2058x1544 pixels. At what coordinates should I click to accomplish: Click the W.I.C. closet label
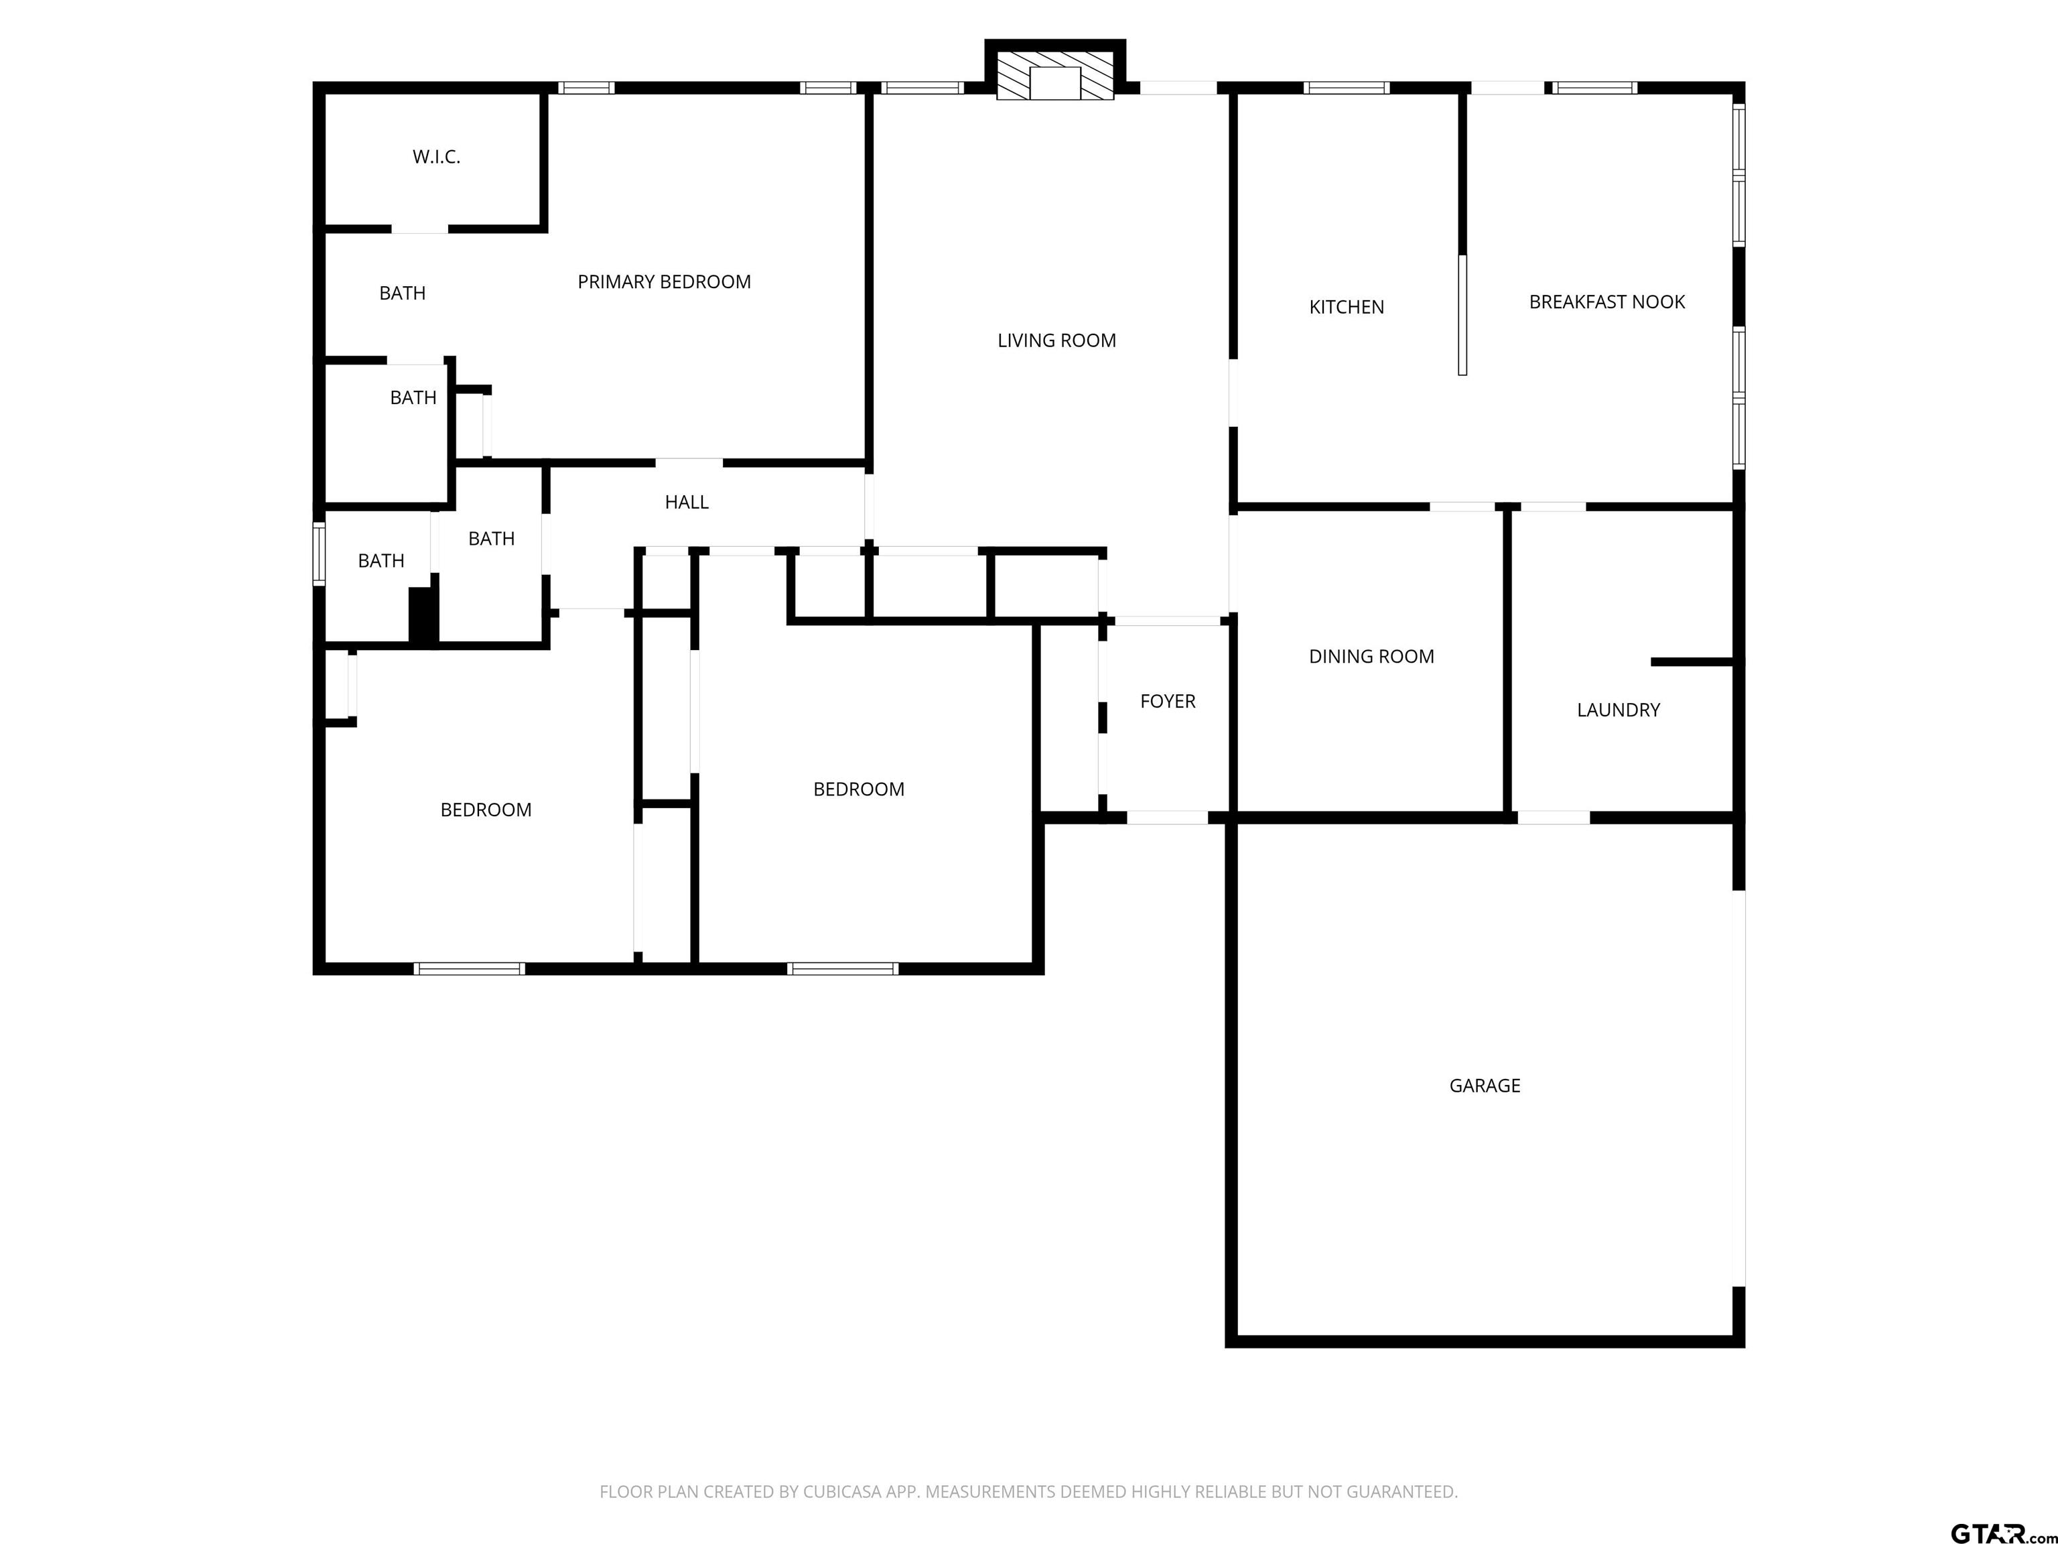[x=436, y=157]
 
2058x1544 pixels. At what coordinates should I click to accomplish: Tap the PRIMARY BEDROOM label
[x=665, y=282]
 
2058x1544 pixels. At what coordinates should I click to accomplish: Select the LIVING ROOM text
[x=1057, y=340]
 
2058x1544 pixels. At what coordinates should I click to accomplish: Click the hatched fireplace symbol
[x=1055, y=75]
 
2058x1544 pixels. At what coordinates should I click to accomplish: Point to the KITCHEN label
[x=1347, y=307]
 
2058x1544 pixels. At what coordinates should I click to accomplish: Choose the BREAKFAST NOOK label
[x=1606, y=302]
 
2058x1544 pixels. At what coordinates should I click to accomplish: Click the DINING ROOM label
[x=1371, y=656]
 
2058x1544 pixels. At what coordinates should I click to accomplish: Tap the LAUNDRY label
[x=1618, y=710]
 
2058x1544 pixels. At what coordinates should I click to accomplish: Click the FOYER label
[x=1168, y=701]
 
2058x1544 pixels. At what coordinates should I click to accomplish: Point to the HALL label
[x=687, y=503]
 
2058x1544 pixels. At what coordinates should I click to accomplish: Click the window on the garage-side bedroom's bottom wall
[x=842, y=969]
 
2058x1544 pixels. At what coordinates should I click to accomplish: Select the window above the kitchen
[x=1347, y=88]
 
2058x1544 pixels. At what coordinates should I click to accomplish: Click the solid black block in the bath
[x=423, y=615]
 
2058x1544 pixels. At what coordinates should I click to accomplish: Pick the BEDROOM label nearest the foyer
[x=859, y=789]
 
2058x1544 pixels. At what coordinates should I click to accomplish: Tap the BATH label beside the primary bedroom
[x=402, y=293]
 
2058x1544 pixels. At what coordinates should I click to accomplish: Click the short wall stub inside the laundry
[x=1692, y=661]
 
